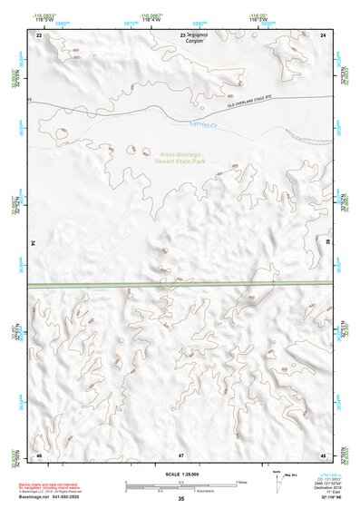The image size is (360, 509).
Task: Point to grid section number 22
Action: [x=38, y=34]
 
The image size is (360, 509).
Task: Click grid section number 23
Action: [x=183, y=34]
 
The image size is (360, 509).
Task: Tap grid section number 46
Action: [x=38, y=454]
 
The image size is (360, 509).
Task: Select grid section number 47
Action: [x=180, y=454]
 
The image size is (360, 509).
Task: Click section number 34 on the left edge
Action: [x=34, y=243]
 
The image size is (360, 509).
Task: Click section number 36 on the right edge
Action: [x=326, y=243]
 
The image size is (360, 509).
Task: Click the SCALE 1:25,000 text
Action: [x=181, y=472]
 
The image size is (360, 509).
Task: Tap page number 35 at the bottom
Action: [x=181, y=499]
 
